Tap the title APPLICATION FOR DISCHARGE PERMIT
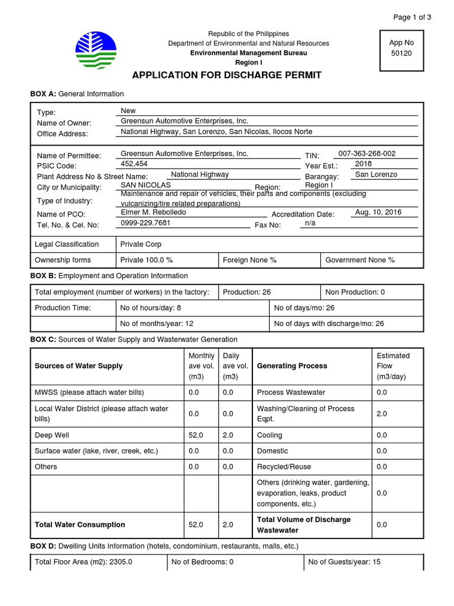(x=227, y=75)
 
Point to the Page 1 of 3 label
(x=412, y=17)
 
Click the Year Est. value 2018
(x=364, y=164)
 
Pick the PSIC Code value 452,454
(x=134, y=164)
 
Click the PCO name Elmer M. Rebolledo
(x=153, y=212)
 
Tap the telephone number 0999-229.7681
(x=145, y=223)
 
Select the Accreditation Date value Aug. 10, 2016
(x=378, y=212)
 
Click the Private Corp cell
(x=141, y=244)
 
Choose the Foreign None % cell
(x=249, y=260)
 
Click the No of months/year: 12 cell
(x=157, y=324)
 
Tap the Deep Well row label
(x=52, y=435)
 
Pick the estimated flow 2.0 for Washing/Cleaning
(x=382, y=414)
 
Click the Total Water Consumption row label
(x=80, y=524)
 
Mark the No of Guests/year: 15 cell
(x=344, y=562)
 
